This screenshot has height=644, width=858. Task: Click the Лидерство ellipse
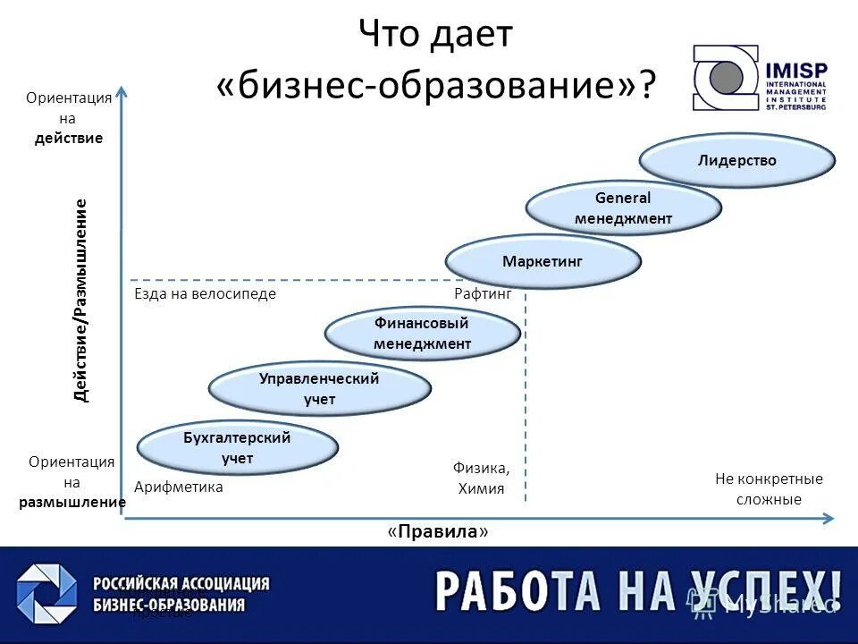[x=737, y=161]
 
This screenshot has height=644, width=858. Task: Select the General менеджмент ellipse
[x=623, y=208]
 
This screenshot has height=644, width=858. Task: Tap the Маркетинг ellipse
[x=543, y=261]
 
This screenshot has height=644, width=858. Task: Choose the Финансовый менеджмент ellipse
[x=422, y=334]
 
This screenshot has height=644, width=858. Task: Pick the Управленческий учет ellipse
[x=319, y=389]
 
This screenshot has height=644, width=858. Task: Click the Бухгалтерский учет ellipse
[x=237, y=447]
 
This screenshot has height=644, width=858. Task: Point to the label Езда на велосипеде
[x=205, y=293]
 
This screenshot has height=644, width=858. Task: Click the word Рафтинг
[x=483, y=293]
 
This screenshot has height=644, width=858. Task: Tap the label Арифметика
[x=178, y=487]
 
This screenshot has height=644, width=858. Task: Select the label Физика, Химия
[x=482, y=478]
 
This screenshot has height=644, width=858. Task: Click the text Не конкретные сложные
[x=769, y=489]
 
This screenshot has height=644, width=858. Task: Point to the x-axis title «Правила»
[x=438, y=531]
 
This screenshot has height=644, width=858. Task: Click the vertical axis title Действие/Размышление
[x=81, y=301]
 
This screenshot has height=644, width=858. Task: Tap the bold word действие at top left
[x=69, y=139]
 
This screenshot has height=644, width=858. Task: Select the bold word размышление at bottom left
[x=71, y=503]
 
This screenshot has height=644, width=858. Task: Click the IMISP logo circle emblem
[x=727, y=77]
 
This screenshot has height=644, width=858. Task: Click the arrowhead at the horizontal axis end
[x=829, y=518]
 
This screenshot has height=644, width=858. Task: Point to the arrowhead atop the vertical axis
[x=122, y=90]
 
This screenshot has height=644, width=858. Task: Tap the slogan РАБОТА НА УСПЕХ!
[x=638, y=591]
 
